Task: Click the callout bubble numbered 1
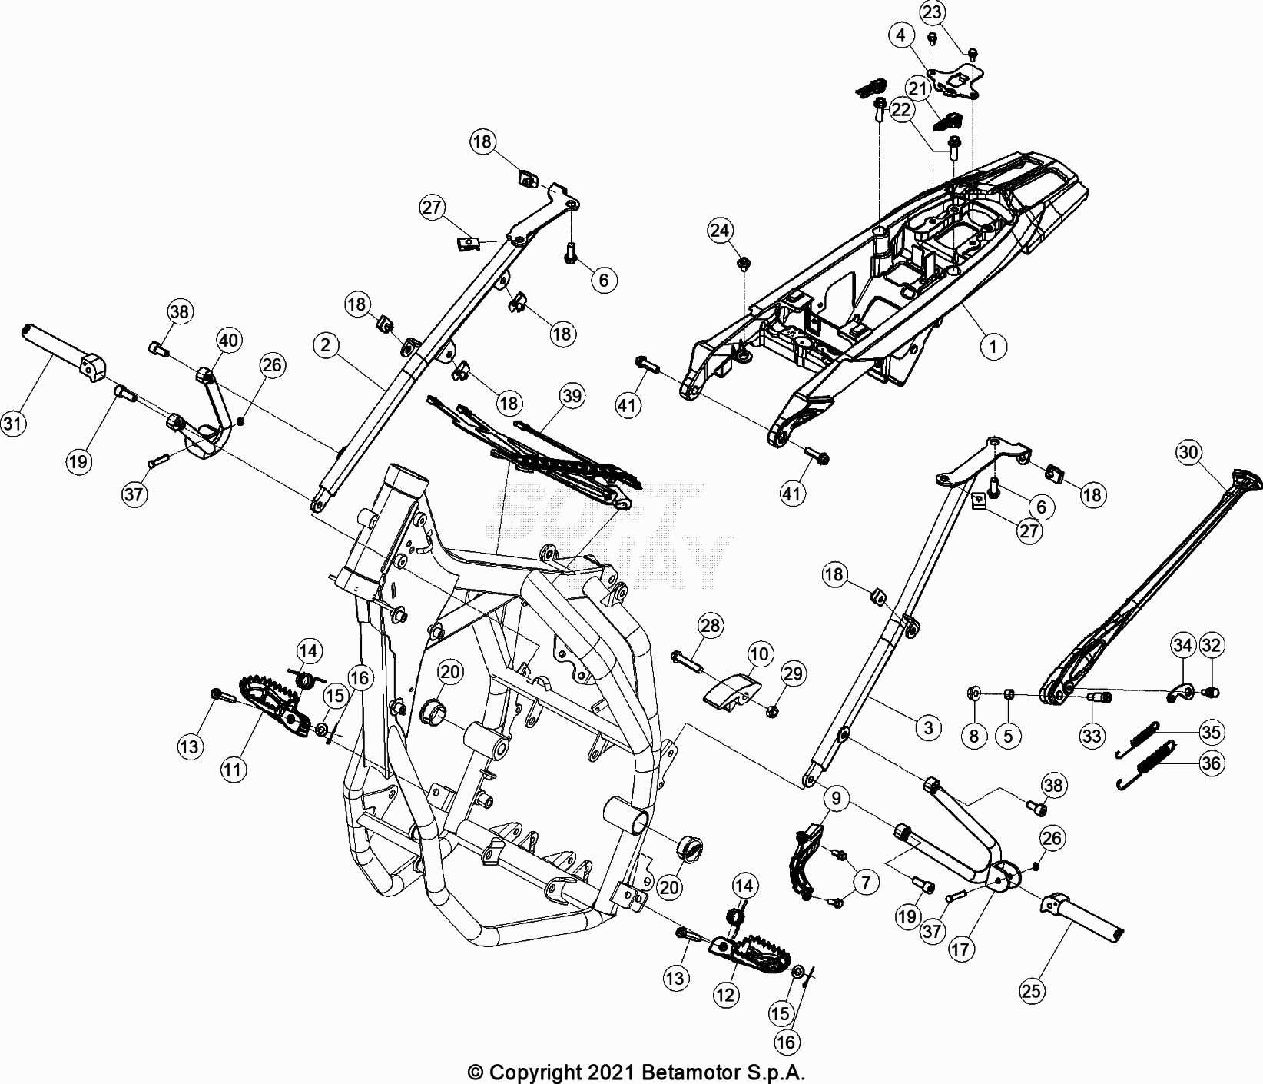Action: point(993,347)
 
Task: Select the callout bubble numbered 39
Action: point(571,396)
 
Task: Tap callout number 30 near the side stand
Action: point(1188,453)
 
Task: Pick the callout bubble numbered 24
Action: point(721,230)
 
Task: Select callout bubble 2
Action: point(327,346)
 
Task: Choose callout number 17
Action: point(960,949)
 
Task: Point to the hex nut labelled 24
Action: point(744,264)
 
